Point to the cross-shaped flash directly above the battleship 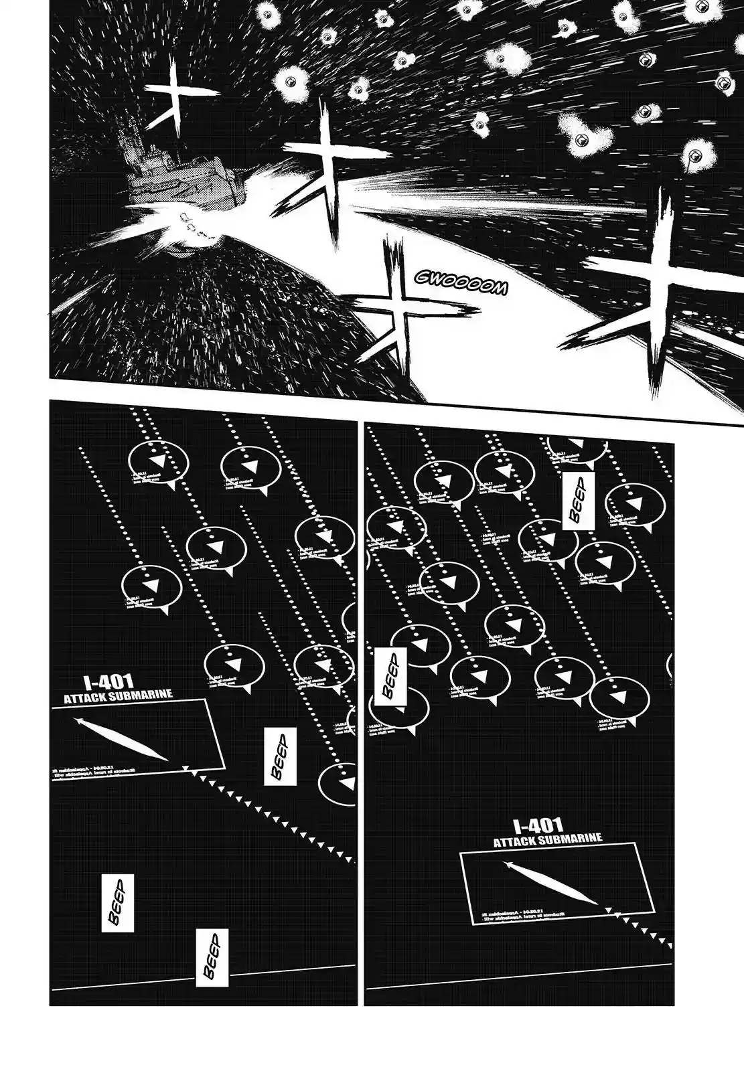click(x=170, y=97)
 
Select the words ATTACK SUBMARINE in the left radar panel click(x=118, y=695)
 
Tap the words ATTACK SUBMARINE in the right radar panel click(x=548, y=839)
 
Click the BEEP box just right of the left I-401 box click(x=280, y=757)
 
